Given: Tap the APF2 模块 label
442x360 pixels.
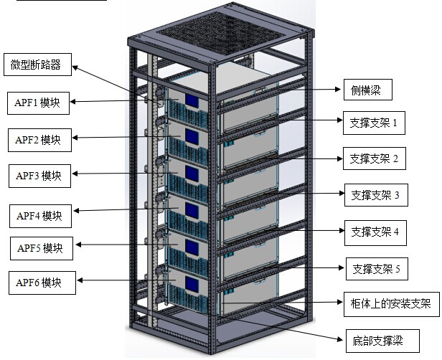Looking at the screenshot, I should click(x=40, y=138).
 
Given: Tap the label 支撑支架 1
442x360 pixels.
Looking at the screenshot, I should click(x=373, y=123).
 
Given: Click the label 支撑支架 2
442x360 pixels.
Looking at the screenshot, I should click(x=374, y=158).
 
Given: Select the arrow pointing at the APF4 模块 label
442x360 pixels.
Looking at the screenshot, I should click(x=115, y=211).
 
